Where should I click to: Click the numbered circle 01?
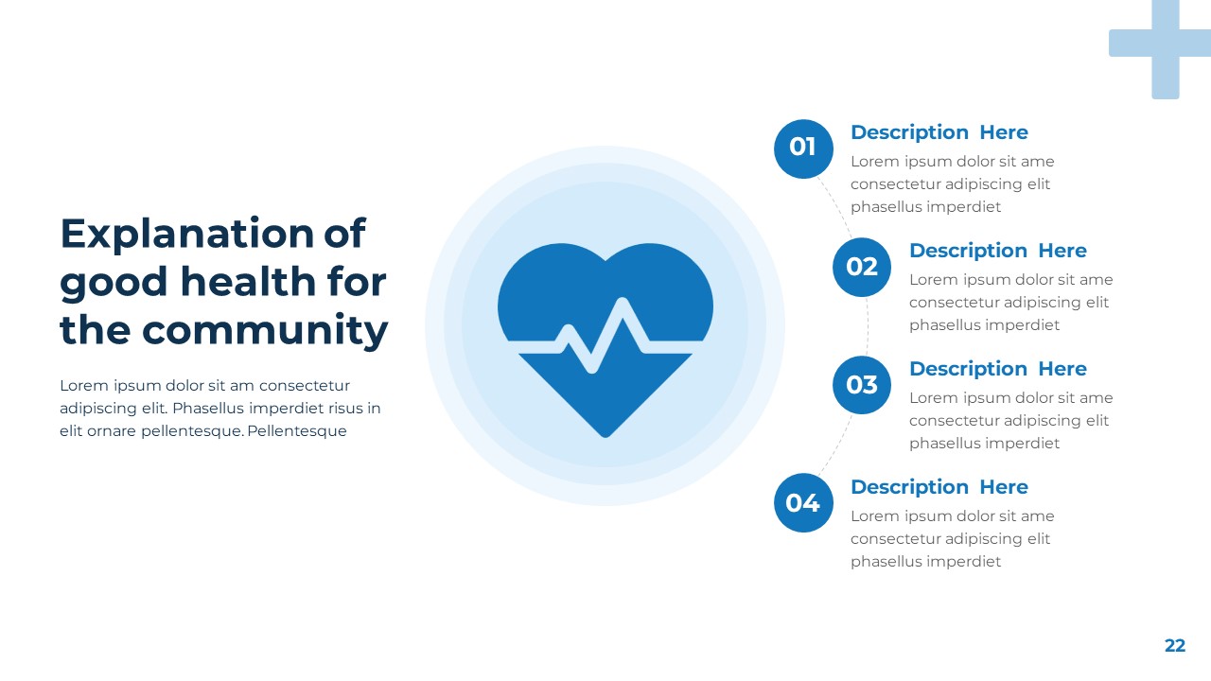(803, 148)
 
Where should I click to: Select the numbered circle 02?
(862, 267)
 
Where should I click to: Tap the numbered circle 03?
(862, 385)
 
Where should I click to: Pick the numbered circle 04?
(803, 503)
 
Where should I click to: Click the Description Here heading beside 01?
(939, 132)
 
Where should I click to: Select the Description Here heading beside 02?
(997, 251)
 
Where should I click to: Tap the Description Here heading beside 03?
(997, 369)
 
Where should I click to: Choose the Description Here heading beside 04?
(939, 487)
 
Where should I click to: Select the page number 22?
(1174, 646)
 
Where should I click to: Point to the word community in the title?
(265, 330)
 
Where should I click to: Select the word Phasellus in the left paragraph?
(209, 409)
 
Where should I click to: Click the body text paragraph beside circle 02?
(1010, 303)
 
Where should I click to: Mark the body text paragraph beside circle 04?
(952, 539)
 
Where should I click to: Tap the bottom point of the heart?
(605, 434)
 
